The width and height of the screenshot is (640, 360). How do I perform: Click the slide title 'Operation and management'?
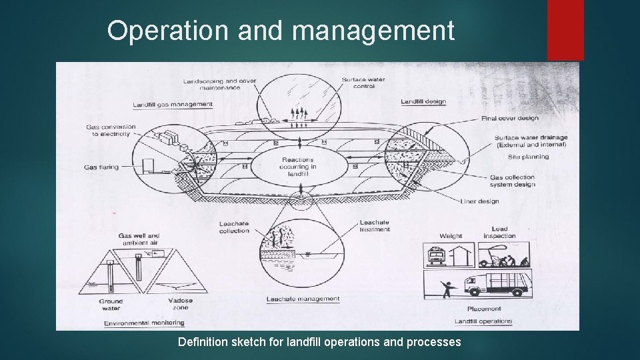(281, 31)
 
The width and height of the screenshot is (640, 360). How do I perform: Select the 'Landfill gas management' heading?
(172, 105)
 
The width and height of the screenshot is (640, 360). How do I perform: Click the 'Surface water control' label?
(363, 83)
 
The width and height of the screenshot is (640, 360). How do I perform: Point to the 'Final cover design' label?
(509, 119)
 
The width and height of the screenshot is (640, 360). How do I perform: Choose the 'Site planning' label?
(528, 157)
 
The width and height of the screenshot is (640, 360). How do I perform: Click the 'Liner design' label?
(479, 201)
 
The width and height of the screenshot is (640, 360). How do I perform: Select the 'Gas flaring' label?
(102, 167)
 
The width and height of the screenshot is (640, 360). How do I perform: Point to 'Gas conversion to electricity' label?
(110, 130)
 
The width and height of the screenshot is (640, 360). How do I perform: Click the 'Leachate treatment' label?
(374, 226)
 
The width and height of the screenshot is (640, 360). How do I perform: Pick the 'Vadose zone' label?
(180, 304)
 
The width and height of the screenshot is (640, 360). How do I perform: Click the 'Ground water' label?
(111, 305)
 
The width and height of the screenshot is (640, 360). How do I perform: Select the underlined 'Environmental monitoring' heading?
(144, 323)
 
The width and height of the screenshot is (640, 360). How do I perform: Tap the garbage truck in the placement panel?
(494, 283)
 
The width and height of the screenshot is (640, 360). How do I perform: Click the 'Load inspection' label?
(499, 232)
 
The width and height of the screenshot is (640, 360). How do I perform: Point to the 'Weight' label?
(451, 236)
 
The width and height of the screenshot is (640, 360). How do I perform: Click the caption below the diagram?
(319, 342)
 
